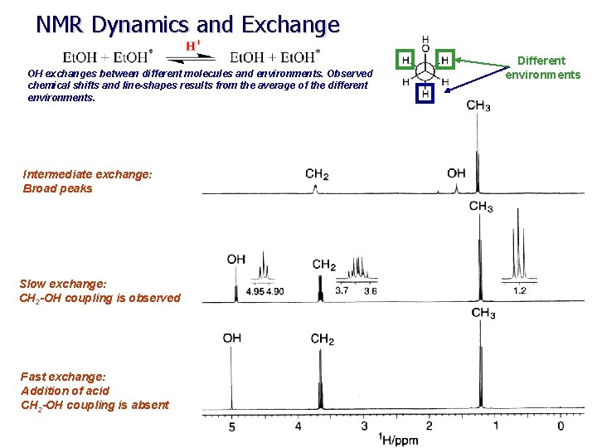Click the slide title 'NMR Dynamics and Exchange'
click(x=187, y=25)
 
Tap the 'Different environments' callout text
click(x=543, y=67)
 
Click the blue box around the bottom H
click(x=425, y=93)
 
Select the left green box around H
click(x=405, y=60)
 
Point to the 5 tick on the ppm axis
click(x=232, y=426)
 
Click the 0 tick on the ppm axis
click(x=561, y=426)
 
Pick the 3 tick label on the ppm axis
click(x=363, y=426)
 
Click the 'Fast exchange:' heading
click(x=63, y=377)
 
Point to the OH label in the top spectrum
click(x=456, y=173)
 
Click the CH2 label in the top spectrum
click(x=317, y=174)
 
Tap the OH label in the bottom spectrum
click(x=232, y=338)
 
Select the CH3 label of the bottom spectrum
click(x=483, y=313)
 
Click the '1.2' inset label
click(x=520, y=290)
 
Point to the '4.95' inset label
click(x=255, y=291)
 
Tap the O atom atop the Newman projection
click(x=425, y=48)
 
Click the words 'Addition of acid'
click(x=65, y=391)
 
